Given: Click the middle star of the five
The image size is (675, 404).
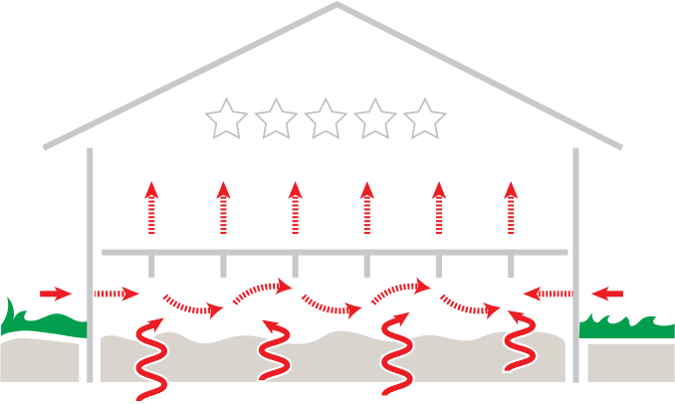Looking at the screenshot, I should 326,119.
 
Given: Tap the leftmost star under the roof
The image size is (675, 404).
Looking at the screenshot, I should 226,119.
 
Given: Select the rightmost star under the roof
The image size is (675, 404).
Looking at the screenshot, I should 425,119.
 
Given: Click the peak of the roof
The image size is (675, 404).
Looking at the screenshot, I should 336,5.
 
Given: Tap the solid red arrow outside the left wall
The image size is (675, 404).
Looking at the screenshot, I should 56,294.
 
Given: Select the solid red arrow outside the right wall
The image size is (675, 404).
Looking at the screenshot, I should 606,294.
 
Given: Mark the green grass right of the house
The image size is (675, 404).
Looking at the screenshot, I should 622,324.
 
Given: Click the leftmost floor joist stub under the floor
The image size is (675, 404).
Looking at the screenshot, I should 151,266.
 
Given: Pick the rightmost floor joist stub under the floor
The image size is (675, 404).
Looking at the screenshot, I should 511,266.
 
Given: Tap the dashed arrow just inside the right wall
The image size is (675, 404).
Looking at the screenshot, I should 549,294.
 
